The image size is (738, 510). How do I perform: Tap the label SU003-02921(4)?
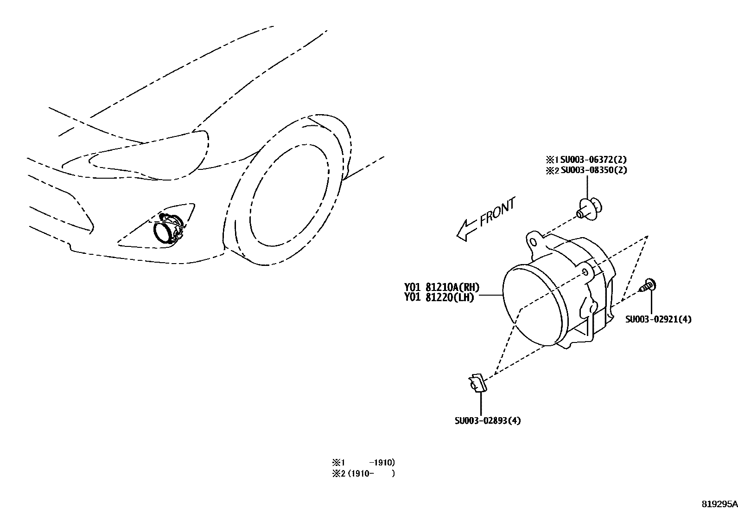[x=658, y=319]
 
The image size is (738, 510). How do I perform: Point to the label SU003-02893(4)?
[x=488, y=421]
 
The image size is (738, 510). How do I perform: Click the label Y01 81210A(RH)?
[x=442, y=288]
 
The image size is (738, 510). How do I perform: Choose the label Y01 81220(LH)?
[x=439, y=298]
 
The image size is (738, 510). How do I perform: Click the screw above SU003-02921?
[x=649, y=285]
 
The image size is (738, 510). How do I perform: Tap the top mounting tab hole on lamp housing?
[x=533, y=242]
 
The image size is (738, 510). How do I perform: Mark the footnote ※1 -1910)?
[x=363, y=463]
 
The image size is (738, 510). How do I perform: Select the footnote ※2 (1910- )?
[x=363, y=474]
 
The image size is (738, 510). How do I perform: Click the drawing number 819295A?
[x=719, y=504]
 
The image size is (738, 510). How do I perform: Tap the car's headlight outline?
[x=148, y=158]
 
